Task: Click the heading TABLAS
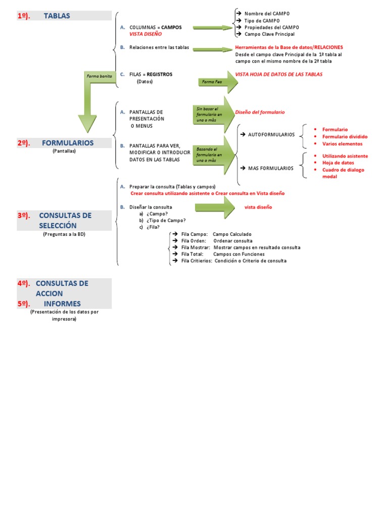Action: pyautogui.click(x=57, y=16)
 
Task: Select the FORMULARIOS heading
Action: pyautogui.click(x=68, y=143)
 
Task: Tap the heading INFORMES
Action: pyautogui.click(x=62, y=303)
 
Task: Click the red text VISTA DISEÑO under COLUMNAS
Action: pyautogui.click(x=145, y=34)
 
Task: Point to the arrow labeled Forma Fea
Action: pyautogui.click(x=217, y=82)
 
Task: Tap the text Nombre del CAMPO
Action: pyautogui.click(x=267, y=13)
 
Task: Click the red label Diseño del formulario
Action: pyautogui.click(x=260, y=112)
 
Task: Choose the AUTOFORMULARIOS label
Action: pyautogui.click(x=271, y=134)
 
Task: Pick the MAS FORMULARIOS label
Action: pyautogui.click(x=270, y=168)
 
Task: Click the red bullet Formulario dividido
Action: pyautogui.click(x=345, y=136)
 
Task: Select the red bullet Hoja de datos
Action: pyautogui.click(x=338, y=163)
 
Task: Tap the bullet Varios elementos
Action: pyautogui.click(x=342, y=143)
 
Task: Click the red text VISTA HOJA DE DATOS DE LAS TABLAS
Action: pyautogui.click(x=279, y=74)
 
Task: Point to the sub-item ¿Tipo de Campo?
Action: pyautogui.click(x=166, y=220)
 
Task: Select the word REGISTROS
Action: pyautogui.click(x=159, y=74)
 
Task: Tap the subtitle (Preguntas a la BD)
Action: pyautogui.click(x=64, y=234)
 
